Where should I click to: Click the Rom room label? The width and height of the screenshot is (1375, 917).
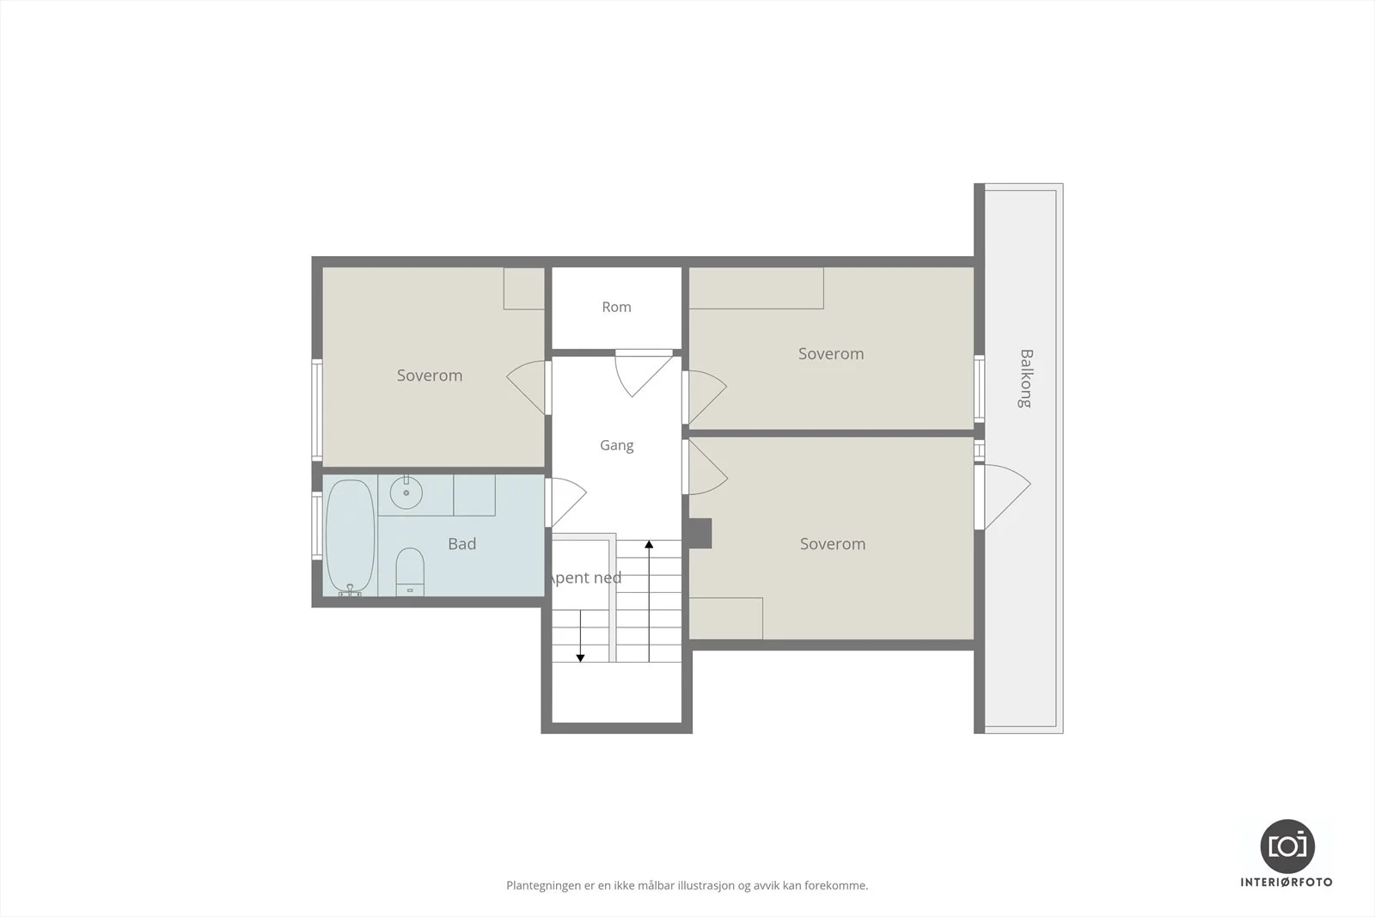pyautogui.click(x=616, y=307)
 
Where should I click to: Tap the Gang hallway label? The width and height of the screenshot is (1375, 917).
pyautogui.click(x=616, y=446)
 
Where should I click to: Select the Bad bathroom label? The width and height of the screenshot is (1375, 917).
pyautogui.click(x=461, y=544)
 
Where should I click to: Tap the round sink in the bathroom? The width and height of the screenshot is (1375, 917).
pyautogui.click(x=406, y=492)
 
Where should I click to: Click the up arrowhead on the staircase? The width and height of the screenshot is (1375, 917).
pyautogui.click(x=649, y=544)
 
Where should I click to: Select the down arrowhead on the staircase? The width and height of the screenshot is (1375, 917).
pyautogui.click(x=580, y=658)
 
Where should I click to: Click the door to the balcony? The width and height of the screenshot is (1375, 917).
pyautogui.click(x=1003, y=497)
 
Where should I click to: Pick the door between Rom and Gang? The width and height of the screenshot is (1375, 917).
pyautogui.click(x=644, y=373)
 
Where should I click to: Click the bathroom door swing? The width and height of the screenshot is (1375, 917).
pyautogui.click(x=565, y=502)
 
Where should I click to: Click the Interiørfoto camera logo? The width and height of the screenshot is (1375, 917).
pyautogui.click(x=1287, y=847)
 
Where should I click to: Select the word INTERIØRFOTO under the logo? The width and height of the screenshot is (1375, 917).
pyautogui.click(x=1286, y=883)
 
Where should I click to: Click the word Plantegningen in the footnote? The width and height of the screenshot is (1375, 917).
pyautogui.click(x=543, y=886)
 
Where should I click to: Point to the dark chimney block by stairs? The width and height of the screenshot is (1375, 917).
pyautogui.click(x=700, y=534)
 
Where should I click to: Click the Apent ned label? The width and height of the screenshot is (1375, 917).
pyautogui.click(x=584, y=578)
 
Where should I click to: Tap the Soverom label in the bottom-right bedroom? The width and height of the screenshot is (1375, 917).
pyautogui.click(x=833, y=544)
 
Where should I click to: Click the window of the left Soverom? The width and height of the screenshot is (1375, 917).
pyautogui.click(x=317, y=410)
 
